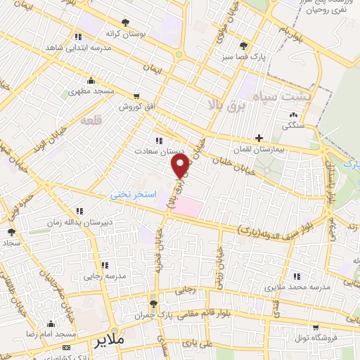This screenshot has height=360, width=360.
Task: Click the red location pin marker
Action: pos(181,166)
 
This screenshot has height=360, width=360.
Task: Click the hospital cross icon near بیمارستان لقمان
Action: pos(259,138)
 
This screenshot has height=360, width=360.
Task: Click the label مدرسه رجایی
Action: pos(105,276)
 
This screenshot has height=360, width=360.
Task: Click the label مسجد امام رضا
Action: pos(51,335)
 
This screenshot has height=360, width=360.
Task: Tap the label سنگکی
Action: pos(293,127)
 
